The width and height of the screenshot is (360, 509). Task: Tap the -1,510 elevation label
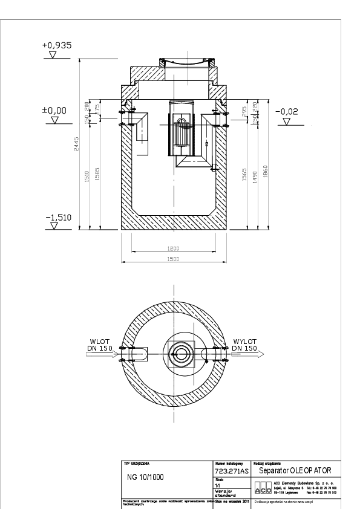(59, 217)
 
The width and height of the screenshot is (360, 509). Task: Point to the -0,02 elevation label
(287, 111)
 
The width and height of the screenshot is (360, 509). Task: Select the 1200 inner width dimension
(174, 249)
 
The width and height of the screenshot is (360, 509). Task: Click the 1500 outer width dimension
(174, 259)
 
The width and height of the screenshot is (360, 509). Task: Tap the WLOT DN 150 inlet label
(99, 345)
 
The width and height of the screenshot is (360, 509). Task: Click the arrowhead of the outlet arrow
(261, 355)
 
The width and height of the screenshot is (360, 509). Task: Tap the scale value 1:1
(218, 484)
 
